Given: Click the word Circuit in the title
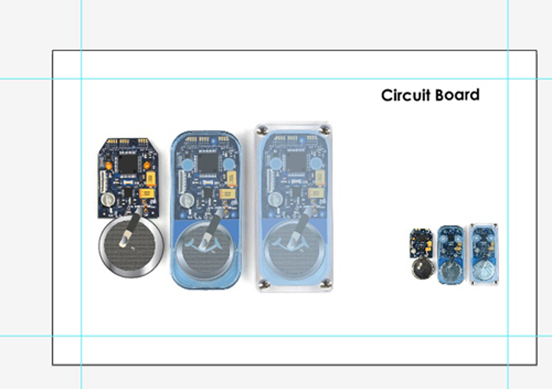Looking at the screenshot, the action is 406,95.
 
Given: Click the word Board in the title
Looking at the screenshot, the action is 457,95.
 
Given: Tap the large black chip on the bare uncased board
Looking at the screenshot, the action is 128,164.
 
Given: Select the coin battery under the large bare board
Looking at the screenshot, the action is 132,246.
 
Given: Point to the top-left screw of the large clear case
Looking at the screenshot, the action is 262,131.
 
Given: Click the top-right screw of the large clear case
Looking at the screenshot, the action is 325,130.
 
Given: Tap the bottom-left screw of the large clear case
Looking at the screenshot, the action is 263,284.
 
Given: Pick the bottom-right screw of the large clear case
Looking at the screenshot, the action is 326,283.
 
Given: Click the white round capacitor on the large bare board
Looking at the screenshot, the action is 108,200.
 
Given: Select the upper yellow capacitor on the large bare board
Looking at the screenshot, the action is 151,178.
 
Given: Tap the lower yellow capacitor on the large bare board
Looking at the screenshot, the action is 147,193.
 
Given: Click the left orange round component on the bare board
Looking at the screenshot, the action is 109,166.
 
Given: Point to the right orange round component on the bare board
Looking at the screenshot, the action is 147,165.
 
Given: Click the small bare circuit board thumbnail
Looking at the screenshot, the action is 421,243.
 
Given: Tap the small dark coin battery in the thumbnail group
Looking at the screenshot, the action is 423,268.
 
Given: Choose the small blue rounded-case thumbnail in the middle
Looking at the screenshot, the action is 451,255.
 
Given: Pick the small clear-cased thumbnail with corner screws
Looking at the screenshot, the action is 484,253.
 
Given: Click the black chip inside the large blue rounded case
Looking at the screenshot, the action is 208,163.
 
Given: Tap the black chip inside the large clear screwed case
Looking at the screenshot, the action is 296,162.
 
